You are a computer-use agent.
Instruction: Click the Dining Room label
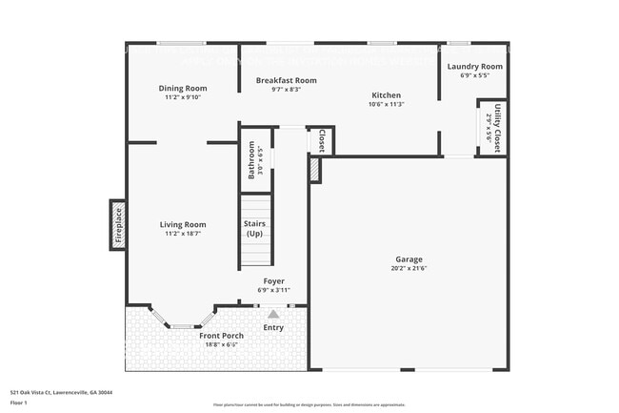pyautogui.click(x=182, y=89)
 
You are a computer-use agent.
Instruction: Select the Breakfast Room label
pyautogui.click(x=286, y=80)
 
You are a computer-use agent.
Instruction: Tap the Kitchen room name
pyautogui.click(x=387, y=95)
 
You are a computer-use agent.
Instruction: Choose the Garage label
pyautogui.click(x=409, y=259)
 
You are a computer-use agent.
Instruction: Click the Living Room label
pyautogui.click(x=183, y=225)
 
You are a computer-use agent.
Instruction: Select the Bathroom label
pyautogui.click(x=252, y=160)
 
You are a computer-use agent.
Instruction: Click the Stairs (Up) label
pyautogui.click(x=255, y=228)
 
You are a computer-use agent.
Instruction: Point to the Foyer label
pyautogui.click(x=274, y=281)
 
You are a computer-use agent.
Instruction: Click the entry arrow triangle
pyautogui.click(x=273, y=313)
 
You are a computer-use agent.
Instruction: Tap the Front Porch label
pyautogui.click(x=221, y=336)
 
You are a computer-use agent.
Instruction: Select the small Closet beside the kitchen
pyautogui.click(x=322, y=140)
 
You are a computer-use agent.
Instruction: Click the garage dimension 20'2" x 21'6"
pyautogui.click(x=409, y=269)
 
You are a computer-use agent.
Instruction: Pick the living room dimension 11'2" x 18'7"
pyautogui.click(x=183, y=235)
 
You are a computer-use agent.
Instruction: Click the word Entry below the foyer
pyautogui.click(x=273, y=328)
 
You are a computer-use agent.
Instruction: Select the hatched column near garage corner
pyautogui.click(x=314, y=170)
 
